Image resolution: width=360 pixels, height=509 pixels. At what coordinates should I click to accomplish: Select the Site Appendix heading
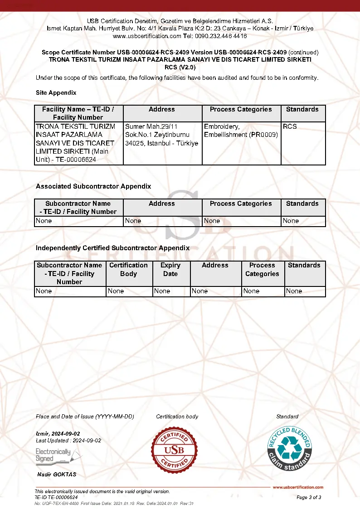[x=56, y=92]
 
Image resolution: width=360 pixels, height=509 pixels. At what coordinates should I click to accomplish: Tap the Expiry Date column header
[x=170, y=269]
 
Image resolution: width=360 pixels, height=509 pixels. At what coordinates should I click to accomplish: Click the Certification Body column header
[x=128, y=269]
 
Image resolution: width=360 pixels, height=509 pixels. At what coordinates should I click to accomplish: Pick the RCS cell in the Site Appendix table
[x=290, y=126]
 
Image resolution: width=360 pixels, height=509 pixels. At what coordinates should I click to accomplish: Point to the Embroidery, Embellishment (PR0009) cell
[x=241, y=131]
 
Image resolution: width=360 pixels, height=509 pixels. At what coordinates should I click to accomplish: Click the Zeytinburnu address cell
[x=161, y=135]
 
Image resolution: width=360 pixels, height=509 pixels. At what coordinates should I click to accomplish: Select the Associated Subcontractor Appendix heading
[x=93, y=186]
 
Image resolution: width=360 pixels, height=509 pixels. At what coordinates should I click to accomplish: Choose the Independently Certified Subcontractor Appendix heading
[x=112, y=248]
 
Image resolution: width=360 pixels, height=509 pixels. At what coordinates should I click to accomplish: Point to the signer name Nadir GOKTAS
[x=57, y=475]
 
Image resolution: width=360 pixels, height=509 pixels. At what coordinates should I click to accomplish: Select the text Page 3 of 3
[x=309, y=497]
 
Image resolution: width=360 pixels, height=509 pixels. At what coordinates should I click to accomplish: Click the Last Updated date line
[x=68, y=441]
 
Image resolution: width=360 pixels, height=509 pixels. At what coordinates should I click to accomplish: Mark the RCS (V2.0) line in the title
[x=180, y=67]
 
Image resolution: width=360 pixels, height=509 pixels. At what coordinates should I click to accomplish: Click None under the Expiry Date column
[x=162, y=291]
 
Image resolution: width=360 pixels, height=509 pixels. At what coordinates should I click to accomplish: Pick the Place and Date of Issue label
[x=85, y=416]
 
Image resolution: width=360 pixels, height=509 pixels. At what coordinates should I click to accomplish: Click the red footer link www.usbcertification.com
[x=298, y=487]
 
